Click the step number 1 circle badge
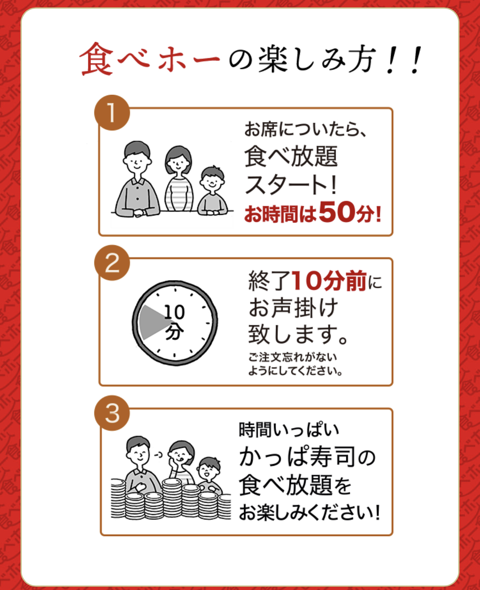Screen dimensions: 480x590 (112, 113)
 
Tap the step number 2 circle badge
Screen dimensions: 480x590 (112, 263)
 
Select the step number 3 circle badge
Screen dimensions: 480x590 (112, 413)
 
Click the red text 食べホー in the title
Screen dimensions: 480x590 (150, 59)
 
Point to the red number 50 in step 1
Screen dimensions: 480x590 (337, 212)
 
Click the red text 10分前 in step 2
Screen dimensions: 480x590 (330, 281)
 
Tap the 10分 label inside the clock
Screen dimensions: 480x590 (174, 322)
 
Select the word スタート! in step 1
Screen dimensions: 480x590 (291, 185)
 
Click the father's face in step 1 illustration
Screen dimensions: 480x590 (137, 161)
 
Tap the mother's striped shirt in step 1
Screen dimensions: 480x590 (179, 194)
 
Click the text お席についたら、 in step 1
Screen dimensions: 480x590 (305, 130)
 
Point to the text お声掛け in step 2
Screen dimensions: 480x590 (293, 308)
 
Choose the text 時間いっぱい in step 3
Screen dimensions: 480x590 (289, 430)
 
